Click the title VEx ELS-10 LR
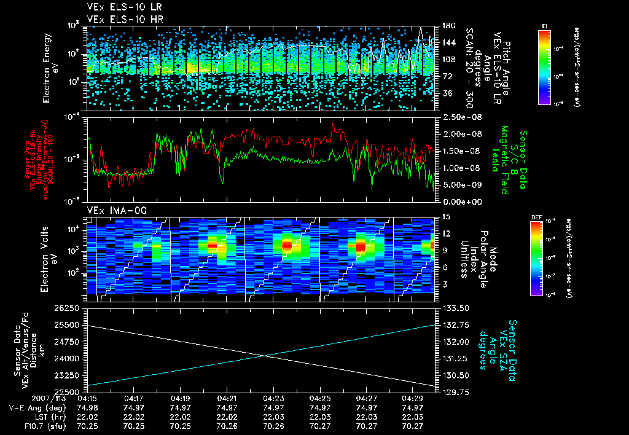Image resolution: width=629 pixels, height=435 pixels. click(119, 7)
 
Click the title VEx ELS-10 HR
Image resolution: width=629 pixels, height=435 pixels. click(119, 18)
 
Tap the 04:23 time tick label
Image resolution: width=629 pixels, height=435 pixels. click(273, 398)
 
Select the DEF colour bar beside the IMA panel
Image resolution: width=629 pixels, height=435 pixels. click(544, 258)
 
